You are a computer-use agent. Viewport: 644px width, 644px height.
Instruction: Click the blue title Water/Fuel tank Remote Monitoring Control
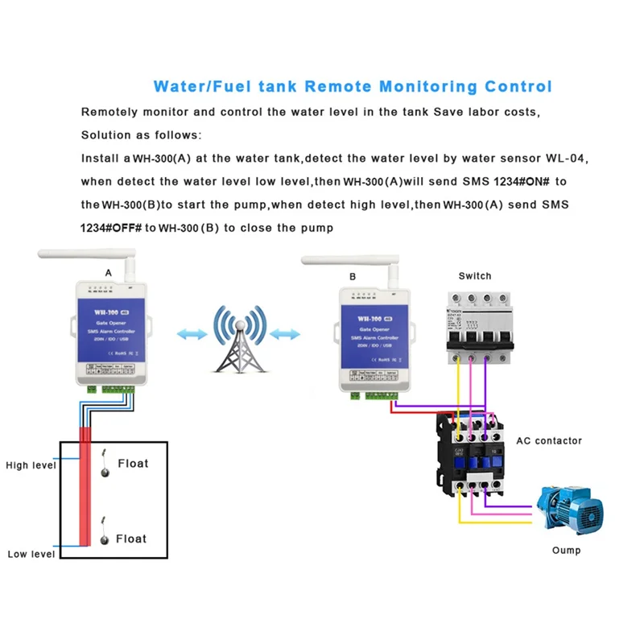point(353,86)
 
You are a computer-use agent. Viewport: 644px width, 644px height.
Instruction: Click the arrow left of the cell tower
point(192,331)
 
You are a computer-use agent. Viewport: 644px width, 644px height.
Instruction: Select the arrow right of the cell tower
point(287,331)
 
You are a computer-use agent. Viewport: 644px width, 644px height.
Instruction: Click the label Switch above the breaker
point(475,276)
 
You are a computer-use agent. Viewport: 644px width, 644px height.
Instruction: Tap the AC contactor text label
point(548,440)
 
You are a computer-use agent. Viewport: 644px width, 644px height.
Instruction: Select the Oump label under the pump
point(566,551)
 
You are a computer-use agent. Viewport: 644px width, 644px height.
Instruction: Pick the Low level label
point(31,554)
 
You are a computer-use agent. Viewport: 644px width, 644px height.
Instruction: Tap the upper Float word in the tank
point(133,464)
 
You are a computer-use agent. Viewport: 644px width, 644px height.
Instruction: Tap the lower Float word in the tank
point(132,538)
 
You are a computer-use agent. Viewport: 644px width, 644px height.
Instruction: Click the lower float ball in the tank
point(103,541)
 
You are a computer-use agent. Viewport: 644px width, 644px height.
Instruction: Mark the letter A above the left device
point(109,274)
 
